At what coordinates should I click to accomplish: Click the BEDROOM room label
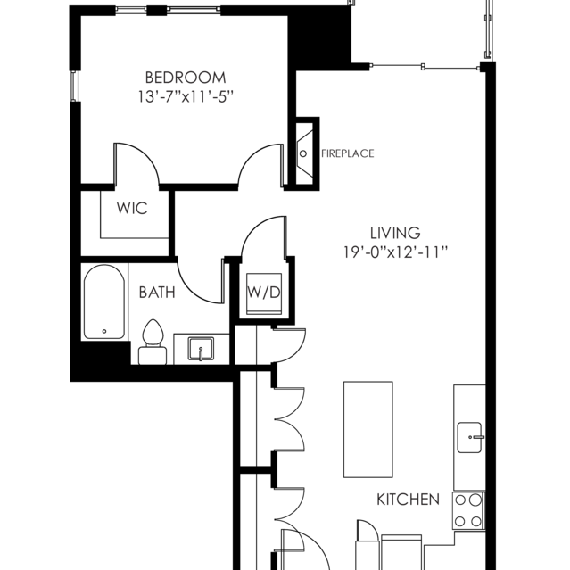pyautogui.click(x=186, y=78)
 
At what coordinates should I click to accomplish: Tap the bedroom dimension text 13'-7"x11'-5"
pyautogui.click(x=186, y=96)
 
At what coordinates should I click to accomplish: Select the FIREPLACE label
pyautogui.click(x=347, y=153)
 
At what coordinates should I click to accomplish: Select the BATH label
pyautogui.click(x=156, y=292)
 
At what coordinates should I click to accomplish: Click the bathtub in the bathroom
pyautogui.click(x=104, y=302)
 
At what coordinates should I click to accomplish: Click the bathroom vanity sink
pyautogui.click(x=202, y=348)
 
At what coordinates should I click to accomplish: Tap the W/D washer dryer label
pyautogui.click(x=263, y=293)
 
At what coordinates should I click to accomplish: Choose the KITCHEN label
pyautogui.click(x=408, y=499)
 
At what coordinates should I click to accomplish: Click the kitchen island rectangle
pyautogui.click(x=368, y=431)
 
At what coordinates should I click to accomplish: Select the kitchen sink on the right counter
pyautogui.click(x=470, y=437)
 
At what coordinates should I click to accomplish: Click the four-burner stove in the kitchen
pyautogui.click(x=469, y=510)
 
